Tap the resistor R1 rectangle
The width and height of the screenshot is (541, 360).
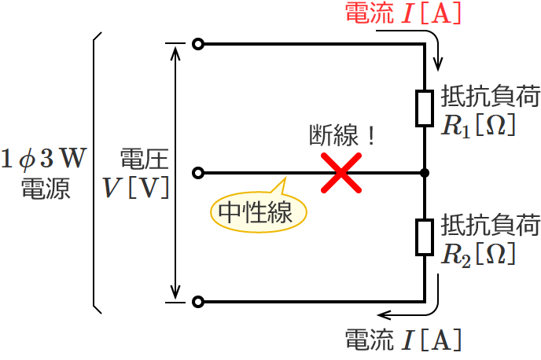(x=425, y=108)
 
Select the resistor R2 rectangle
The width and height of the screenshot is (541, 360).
(x=425, y=236)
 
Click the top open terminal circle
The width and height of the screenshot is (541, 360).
(x=197, y=45)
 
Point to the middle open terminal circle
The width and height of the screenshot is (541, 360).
(x=197, y=172)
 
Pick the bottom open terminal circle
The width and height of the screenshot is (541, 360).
(x=197, y=301)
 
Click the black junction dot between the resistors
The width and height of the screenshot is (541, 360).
(x=425, y=172)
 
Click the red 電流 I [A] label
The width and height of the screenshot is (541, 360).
(x=403, y=14)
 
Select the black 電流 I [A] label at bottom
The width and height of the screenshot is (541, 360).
(x=403, y=340)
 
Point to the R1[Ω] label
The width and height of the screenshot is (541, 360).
(x=478, y=125)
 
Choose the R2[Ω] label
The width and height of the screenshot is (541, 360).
(x=478, y=253)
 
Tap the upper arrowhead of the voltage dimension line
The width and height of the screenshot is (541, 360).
(x=175, y=53)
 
